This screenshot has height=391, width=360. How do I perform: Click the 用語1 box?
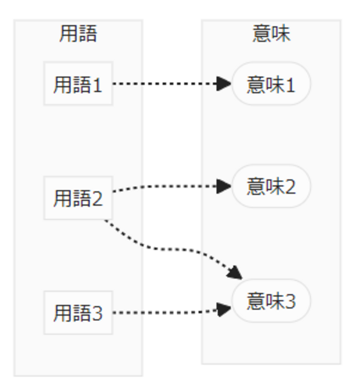78,84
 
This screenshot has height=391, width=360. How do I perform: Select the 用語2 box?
78,198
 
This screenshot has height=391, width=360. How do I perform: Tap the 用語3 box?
78,313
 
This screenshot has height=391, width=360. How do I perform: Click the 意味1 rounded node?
271,84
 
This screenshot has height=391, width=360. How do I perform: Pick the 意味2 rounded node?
271,186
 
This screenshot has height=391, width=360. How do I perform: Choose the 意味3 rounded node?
271,301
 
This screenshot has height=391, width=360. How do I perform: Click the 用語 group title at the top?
78,34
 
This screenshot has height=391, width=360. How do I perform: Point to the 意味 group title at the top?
271,34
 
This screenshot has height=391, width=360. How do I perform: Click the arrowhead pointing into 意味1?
224,83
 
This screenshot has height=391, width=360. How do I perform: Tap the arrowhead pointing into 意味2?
224,186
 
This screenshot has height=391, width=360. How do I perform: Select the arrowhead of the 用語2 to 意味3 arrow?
235,272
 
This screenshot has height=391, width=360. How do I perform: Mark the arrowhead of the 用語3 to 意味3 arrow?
224,309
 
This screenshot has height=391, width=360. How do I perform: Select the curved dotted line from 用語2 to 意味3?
166,249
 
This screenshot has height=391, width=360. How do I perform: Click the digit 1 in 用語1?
97,85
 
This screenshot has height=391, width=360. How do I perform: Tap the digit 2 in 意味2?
290,187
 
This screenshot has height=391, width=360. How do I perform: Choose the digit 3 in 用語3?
97,313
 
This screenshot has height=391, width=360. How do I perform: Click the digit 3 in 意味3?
290,301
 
